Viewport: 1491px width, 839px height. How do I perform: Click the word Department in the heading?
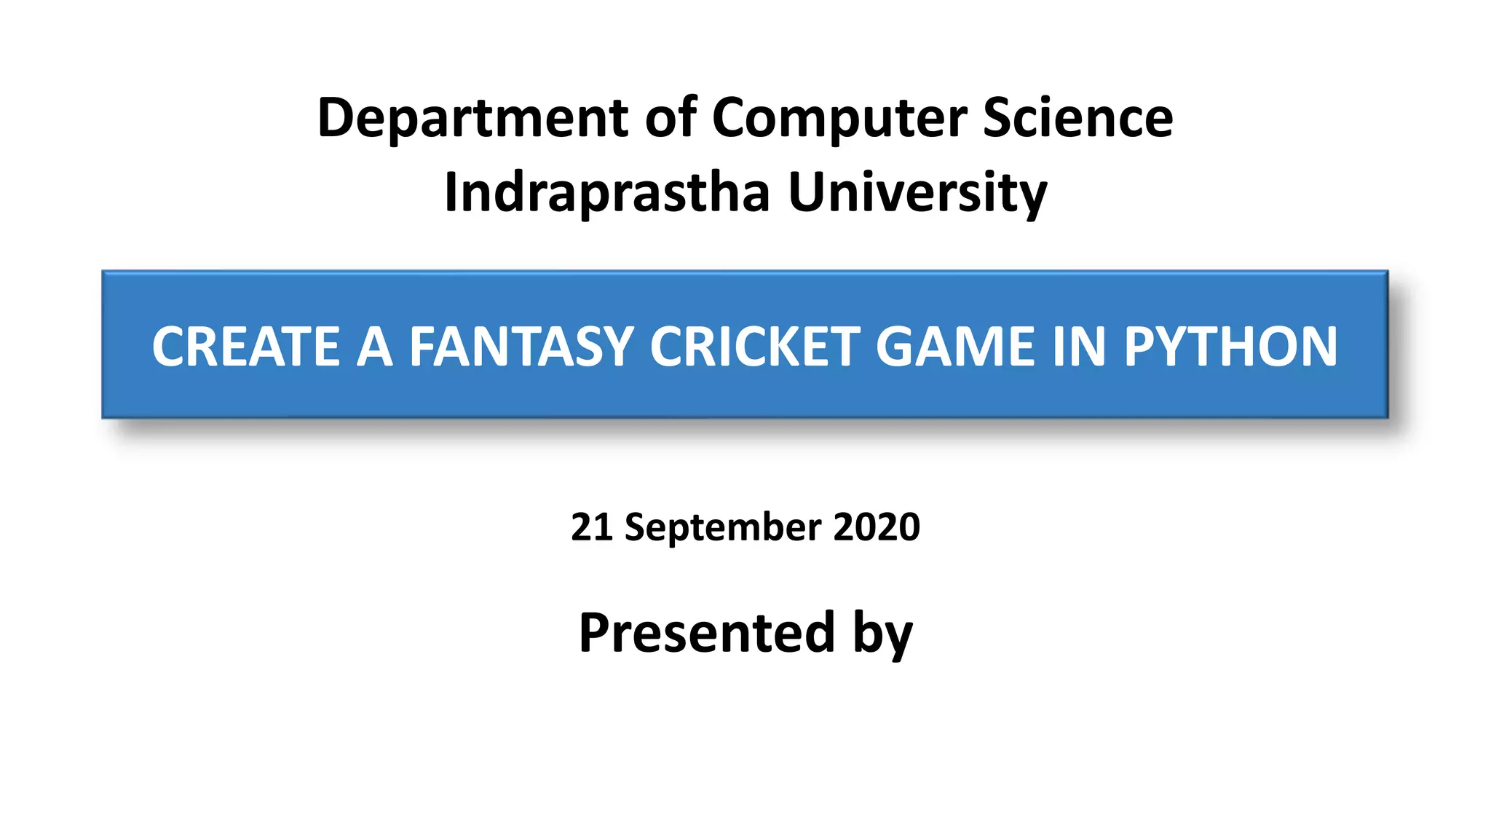point(472,118)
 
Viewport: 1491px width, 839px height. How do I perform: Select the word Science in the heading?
point(1077,118)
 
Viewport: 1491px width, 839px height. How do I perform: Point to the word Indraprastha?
point(606,193)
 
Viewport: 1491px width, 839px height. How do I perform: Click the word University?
point(917,193)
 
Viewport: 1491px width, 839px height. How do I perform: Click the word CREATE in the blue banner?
point(245,347)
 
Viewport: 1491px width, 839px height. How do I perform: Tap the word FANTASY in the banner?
point(521,347)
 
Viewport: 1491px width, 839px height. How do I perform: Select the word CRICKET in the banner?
point(754,347)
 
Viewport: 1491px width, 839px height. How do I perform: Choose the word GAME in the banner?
point(954,347)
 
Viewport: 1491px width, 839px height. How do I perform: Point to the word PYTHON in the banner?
point(1230,347)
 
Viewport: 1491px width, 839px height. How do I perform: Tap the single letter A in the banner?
point(374,347)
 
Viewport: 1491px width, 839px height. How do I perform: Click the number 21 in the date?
point(591,527)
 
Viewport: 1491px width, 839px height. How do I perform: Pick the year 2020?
point(877,527)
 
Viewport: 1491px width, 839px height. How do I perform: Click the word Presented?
point(706,632)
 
